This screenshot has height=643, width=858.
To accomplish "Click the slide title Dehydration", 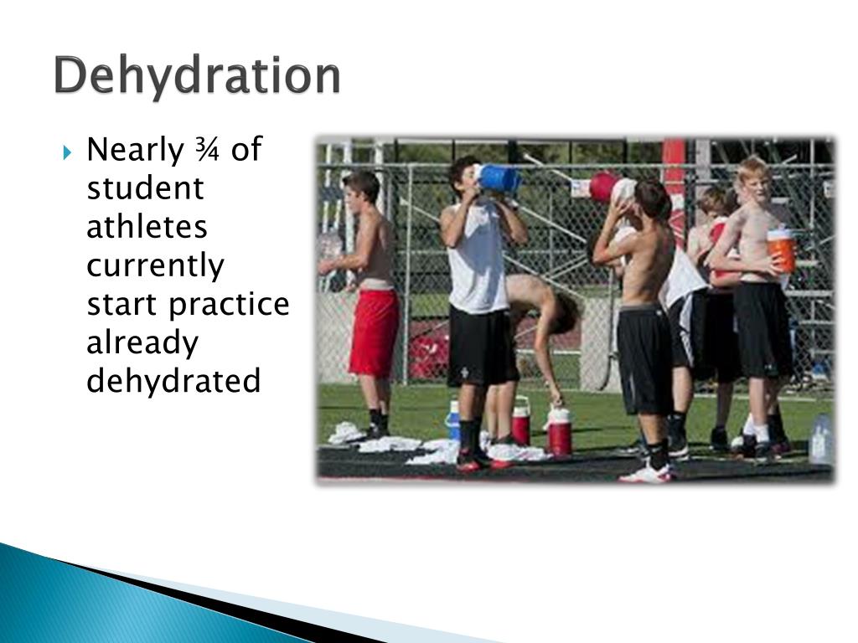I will [198, 76].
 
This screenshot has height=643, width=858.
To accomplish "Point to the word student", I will [145, 189].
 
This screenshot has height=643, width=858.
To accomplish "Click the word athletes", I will [147, 228].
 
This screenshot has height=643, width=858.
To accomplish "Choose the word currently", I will [156, 267].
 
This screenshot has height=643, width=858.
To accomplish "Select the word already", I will [142, 343].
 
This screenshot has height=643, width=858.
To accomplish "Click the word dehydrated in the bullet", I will [173, 382].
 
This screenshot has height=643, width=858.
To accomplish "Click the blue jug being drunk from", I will [499, 178].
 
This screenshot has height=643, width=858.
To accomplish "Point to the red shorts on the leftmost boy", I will [374, 332].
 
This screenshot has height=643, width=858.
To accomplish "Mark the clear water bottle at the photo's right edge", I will [820, 439].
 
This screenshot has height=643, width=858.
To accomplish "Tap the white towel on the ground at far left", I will [346, 433].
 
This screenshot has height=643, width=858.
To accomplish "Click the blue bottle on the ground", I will [453, 419].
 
